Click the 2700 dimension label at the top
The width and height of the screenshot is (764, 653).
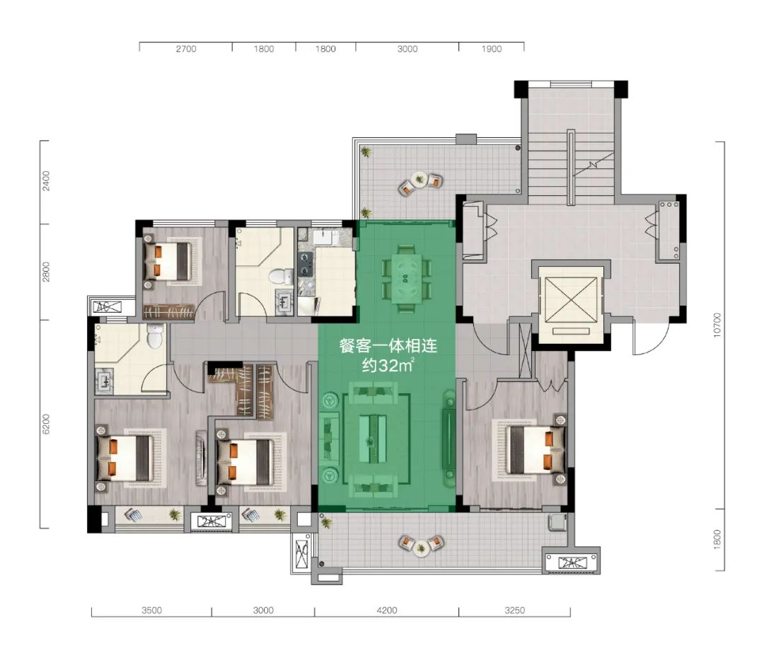[186, 49]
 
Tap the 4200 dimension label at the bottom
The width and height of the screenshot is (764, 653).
[387, 610]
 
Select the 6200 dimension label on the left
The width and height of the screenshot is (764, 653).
[46, 424]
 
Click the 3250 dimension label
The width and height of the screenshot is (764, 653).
[514, 610]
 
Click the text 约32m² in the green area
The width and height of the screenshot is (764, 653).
[388, 365]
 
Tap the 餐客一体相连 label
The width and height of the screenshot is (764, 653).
[388, 346]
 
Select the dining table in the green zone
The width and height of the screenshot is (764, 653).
[406, 278]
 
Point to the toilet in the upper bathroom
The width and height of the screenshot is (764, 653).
[278, 277]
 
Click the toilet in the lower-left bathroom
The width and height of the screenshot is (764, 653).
[154, 335]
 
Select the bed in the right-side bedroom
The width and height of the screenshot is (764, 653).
[535, 449]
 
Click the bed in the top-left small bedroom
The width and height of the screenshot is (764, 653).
[168, 261]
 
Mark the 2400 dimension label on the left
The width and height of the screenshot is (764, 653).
[46, 181]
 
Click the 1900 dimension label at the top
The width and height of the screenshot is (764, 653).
[491, 49]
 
